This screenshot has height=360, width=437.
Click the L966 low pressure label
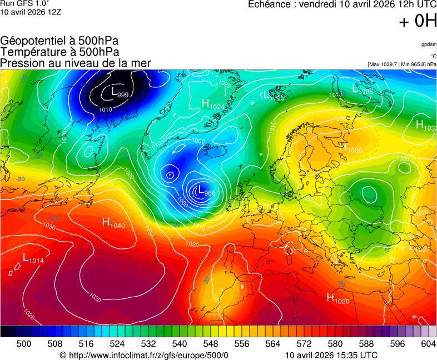tap(206, 192)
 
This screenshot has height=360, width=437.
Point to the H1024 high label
tap(213, 104)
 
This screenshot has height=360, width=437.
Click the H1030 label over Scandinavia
tap(350, 148)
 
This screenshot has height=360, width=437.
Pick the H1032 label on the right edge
tap(426, 126)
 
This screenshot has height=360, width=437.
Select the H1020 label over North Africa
tap(337, 299)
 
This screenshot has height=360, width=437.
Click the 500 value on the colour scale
tap(24, 344)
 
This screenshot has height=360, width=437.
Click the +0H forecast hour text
tap(418, 21)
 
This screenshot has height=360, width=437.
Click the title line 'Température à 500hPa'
tap(60, 52)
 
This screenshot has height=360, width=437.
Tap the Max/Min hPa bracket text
tap(402, 64)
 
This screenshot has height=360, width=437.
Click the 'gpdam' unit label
tap(429, 44)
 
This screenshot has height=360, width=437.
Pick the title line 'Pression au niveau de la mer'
tap(76, 63)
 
